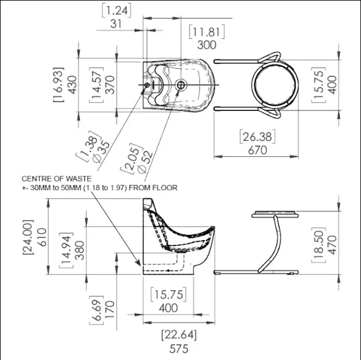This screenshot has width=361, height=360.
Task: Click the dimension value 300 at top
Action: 207,45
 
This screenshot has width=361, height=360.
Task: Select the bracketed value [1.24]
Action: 116,11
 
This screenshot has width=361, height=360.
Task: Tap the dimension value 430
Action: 73,85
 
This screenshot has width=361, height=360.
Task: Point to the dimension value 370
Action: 110,85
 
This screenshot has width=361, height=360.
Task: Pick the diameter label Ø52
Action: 144,162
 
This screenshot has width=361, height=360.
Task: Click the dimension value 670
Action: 258,150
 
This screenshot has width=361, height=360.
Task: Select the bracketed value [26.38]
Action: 258,137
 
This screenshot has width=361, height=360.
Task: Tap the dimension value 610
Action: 42,237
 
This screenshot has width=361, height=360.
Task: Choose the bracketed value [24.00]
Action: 28,237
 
